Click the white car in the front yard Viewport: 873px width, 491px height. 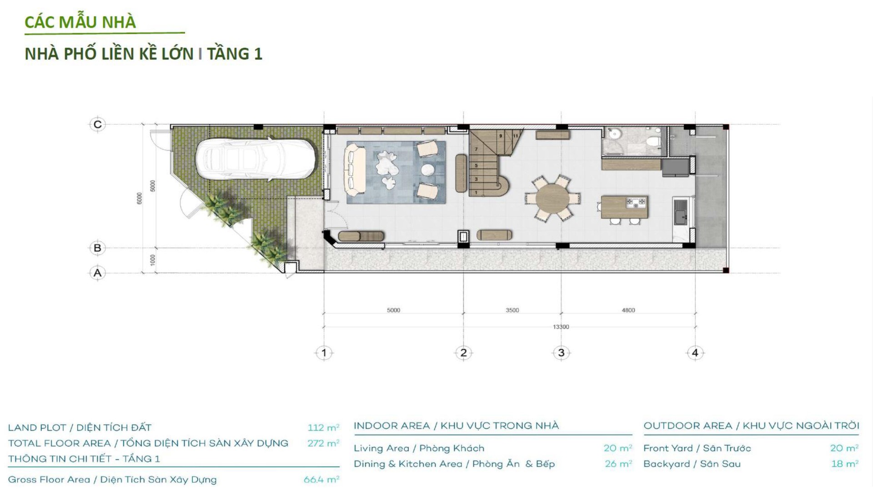click(x=256, y=160)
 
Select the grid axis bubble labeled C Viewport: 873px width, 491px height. click(x=97, y=125)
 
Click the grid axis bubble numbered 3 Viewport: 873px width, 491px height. click(x=561, y=353)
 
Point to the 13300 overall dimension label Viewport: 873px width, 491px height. click(x=561, y=327)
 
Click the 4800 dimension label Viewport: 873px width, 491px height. click(x=628, y=311)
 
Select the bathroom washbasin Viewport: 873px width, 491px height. click(x=615, y=134)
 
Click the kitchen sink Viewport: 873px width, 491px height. click(x=681, y=212)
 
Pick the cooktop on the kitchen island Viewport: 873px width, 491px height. click(x=636, y=202)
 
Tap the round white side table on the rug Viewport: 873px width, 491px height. click(x=428, y=170)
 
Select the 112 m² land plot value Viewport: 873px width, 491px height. click(x=323, y=428)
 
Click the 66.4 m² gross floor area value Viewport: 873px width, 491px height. click(x=321, y=480)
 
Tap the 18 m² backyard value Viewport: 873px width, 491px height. click(x=844, y=464)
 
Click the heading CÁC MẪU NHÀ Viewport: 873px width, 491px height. click(x=80, y=22)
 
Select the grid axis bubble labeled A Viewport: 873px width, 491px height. click(x=97, y=273)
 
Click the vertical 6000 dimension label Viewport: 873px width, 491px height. click(x=140, y=198)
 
